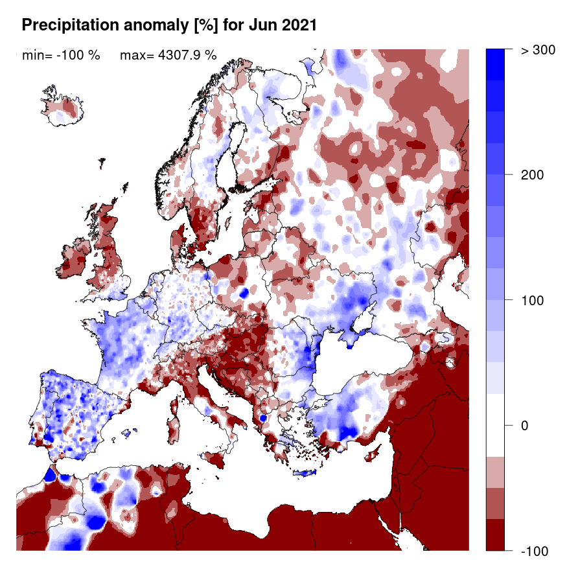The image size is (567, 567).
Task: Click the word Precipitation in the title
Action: pos(66,26)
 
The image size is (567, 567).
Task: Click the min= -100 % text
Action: pos(61,55)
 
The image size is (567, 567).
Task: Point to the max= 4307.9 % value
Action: pos(168,55)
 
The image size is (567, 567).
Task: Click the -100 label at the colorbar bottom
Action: pos(535,551)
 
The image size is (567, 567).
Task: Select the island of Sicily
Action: pos(216,459)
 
